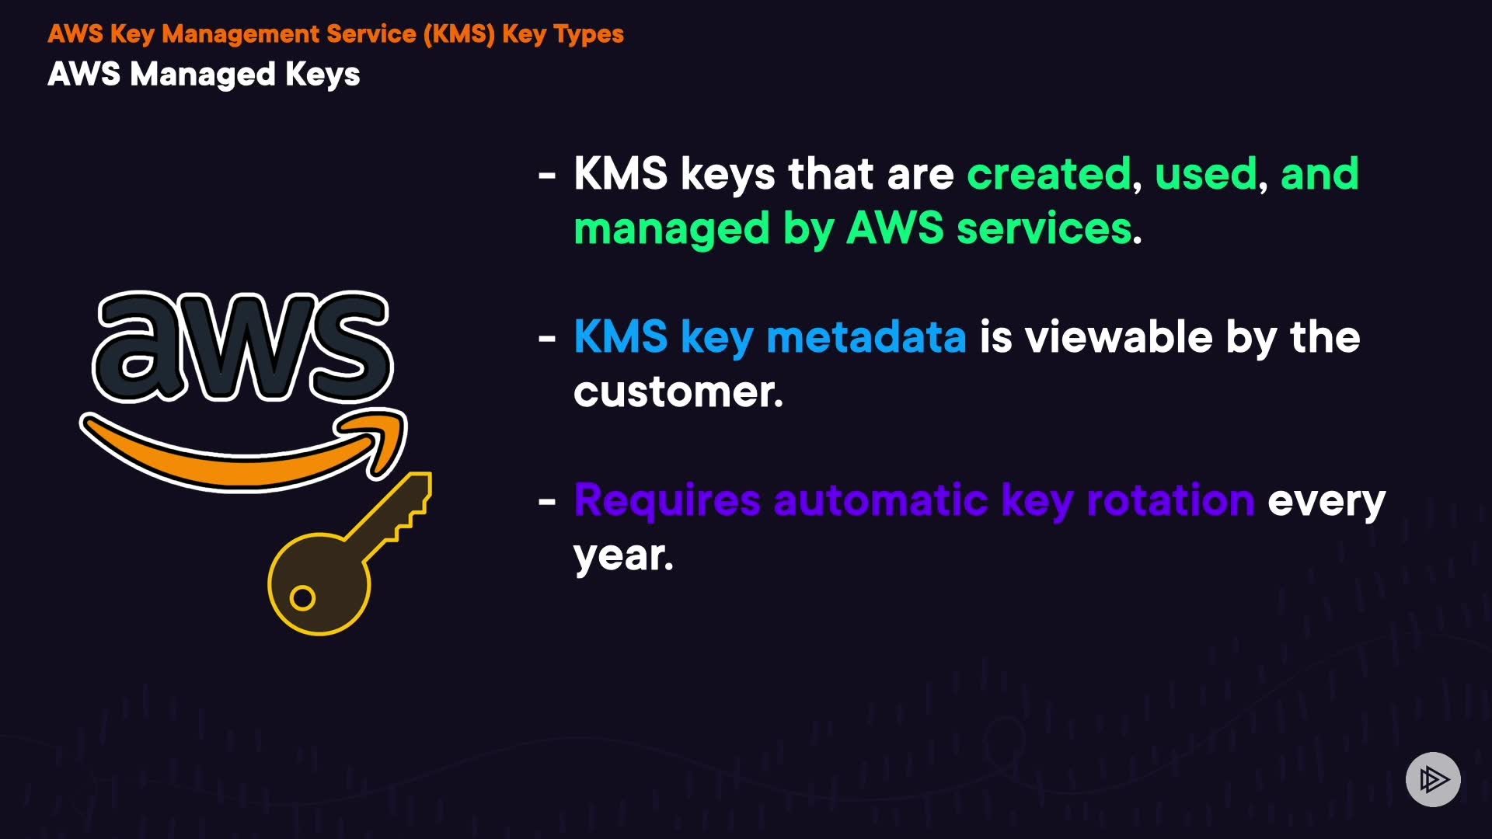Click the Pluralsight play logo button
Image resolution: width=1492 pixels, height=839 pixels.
coord(1433,779)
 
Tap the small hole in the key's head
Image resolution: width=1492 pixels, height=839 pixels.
coord(302,598)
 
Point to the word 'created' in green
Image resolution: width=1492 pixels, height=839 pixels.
coord(1049,173)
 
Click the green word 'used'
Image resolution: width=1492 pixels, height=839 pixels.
coord(1205,173)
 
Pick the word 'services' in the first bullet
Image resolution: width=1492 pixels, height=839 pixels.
coord(1044,228)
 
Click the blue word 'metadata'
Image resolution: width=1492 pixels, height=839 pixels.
coord(866,337)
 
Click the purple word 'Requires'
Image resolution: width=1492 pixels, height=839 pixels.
coord(667,500)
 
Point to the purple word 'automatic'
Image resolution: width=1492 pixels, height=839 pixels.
coord(880,500)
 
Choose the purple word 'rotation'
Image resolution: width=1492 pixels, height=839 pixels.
coord(1170,500)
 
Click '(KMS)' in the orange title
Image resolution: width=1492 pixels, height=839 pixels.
coord(458,34)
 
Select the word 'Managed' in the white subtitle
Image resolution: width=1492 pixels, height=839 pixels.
coord(202,75)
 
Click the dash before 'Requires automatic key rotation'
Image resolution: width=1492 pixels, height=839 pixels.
coord(547,502)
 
